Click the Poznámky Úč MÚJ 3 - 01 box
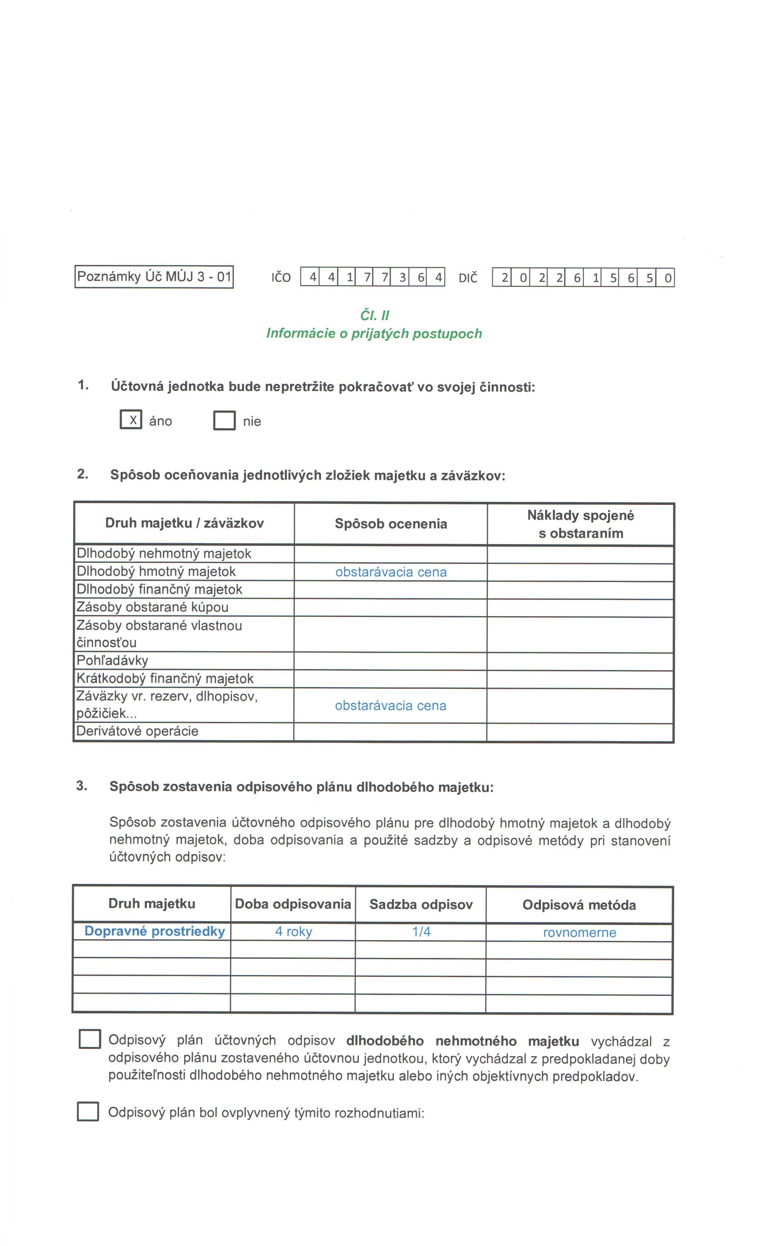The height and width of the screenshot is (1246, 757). click(154, 276)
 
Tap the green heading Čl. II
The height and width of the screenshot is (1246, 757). click(374, 316)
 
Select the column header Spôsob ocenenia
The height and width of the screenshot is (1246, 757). click(391, 524)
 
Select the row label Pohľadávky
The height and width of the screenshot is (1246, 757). click(112, 660)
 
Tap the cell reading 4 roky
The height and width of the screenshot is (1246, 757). click(294, 932)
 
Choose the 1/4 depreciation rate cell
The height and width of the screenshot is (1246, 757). click(421, 932)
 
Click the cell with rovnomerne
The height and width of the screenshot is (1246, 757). click(579, 932)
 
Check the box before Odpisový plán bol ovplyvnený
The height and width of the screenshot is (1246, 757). click(88, 1112)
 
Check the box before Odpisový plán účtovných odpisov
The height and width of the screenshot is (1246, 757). click(90, 1039)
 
